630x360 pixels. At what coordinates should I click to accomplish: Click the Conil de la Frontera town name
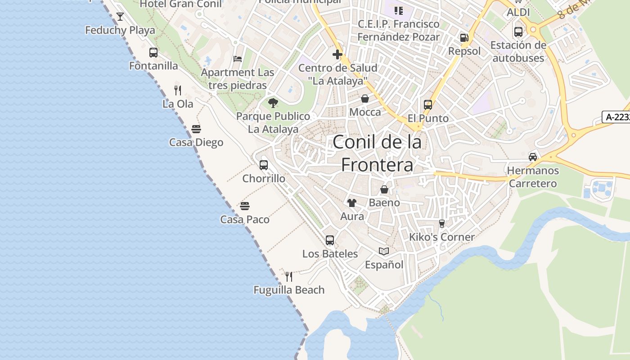pyautogui.click(x=377, y=153)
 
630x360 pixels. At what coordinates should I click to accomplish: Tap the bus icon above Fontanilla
pyautogui.click(x=153, y=53)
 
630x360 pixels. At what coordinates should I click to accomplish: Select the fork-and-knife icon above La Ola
pyautogui.click(x=178, y=90)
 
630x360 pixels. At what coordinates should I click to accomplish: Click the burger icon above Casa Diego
pyautogui.click(x=196, y=129)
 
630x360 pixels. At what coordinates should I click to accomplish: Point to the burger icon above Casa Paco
pyautogui.click(x=245, y=206)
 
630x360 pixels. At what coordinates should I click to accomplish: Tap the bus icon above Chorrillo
pyautogui.click(x=264, y=165)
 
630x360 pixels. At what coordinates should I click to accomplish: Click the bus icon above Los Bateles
pyautogui.click(x=330, y=240)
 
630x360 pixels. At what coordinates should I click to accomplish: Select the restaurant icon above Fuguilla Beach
pyautogui.click(x=289, y=276)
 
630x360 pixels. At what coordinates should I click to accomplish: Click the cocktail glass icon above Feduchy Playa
pyautogui.click(x=120, y=17)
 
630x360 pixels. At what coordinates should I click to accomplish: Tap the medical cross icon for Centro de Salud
pyautogui.click(x=337, y=55)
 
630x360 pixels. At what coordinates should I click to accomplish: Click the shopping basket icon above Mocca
pyautogui.click(x=365, y=99)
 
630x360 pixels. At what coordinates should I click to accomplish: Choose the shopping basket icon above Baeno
pyautogui.click(x=384, y=189)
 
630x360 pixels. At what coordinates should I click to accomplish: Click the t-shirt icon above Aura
pyautogui.click(x=352, y=203)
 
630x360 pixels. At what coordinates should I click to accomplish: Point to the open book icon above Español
pyautogui.click(x=384, y=251)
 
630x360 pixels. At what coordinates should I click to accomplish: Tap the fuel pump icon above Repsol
pyautogui.click(x=464, y=38)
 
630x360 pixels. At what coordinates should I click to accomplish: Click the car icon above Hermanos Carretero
pyautogui.click(x=533, y=157)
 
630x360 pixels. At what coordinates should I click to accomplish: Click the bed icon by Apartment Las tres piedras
pyautogui.click(x=238, y=59)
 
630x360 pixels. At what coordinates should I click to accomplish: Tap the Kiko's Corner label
pyautogui.click(x=442, y=237)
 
